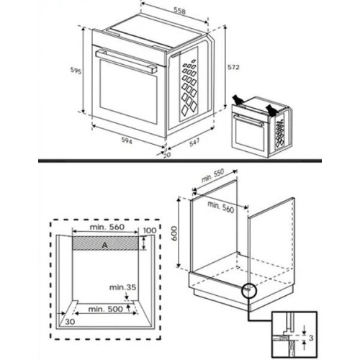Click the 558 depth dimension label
(180, 11)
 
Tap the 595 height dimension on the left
(76, 71)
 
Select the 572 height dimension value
(233, 67)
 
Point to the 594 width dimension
(126, 141)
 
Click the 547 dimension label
(194, 143)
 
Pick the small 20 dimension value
(167, 155)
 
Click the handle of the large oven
(126, 61)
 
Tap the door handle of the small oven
(248, 121)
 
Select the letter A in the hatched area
(104, 246)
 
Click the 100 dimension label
(150, 230)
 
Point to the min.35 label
(122, 287)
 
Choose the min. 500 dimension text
(106, 309)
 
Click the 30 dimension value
(70, 322)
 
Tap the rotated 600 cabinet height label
(174, 233)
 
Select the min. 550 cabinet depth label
(212, 176)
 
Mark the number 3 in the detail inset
(311, 338)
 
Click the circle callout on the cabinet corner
(249, 290)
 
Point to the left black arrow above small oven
(238, 100)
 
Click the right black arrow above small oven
(271, 109)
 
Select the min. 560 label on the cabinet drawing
(220, 207)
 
